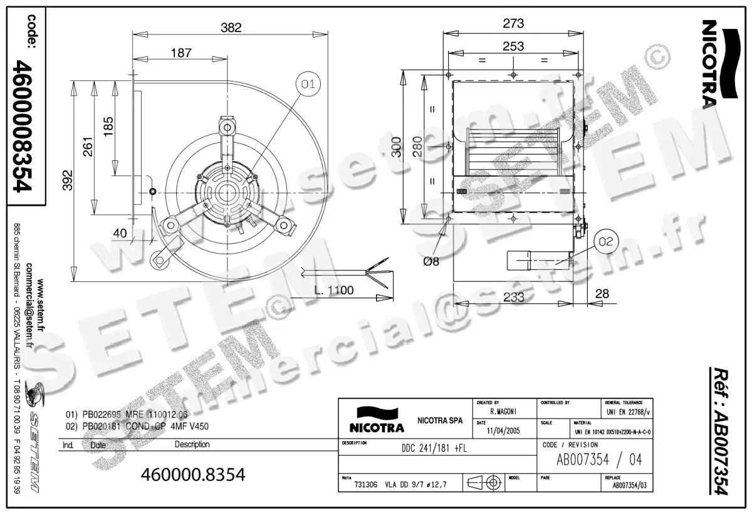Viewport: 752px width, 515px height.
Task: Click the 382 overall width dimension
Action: coord(230,27)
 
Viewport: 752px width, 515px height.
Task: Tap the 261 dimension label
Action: coord(88,147)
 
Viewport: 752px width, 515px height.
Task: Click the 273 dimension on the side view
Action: coord(513,24)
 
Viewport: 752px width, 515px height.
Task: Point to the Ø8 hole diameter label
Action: coord(431,262)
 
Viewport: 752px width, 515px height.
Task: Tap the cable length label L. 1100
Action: coord(334,289)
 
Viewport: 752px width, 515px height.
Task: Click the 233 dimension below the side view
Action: coord(514,298)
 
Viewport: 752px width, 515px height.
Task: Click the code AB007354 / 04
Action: coord(599,460)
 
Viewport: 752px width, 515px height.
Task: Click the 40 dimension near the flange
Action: coord(120,233)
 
